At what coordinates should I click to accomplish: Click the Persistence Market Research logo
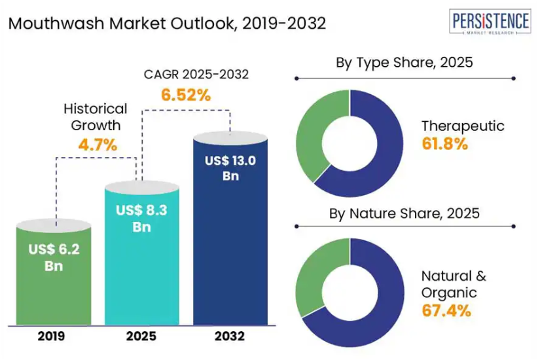tap(490, 24)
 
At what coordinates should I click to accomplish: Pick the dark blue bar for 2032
tap(230, 249)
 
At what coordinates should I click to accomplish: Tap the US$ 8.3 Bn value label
tap(142, 219)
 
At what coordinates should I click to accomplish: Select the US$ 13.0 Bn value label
tap(230, 168)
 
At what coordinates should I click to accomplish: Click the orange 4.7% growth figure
tap(98, 145)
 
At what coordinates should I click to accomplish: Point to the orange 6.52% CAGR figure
tap(187, 95)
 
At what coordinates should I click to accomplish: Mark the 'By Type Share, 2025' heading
tap(404, 63)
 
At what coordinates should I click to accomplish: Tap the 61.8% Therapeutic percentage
tap(445, 144)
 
